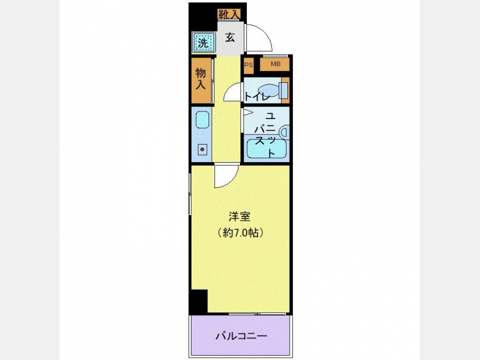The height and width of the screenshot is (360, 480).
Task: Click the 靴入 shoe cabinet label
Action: [x=229, y=14]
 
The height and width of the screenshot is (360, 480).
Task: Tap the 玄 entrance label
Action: [x=230, y=37]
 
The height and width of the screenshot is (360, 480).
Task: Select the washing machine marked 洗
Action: [x=202, y=42]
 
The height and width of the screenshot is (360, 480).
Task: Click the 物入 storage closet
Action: [x=201, y=80]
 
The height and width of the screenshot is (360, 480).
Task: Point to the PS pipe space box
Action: [x=249, y=65]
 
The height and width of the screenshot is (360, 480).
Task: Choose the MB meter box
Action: [x=275, y=65]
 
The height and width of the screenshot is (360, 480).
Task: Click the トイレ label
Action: [x=257, y=97]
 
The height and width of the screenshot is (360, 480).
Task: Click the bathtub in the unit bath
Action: [x=266, y=149]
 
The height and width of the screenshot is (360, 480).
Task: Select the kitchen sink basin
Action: [x=202, y=119]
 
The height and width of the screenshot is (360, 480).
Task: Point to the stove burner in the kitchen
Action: [x=202, y=150]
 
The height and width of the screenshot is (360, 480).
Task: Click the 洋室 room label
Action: [x=239, y=217]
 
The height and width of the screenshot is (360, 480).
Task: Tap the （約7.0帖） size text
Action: [x=241, y=233]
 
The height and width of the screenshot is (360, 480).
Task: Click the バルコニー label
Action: [x=242, y=336]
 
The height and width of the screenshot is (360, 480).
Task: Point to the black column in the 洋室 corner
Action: [x=198, y=301]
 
